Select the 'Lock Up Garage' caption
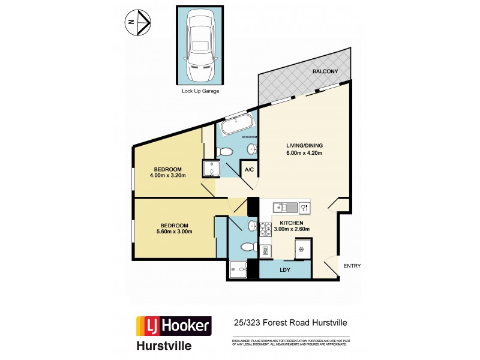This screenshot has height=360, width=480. pyautogui.click(x=201, y=91)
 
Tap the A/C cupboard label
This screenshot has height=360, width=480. pyautogui.click(x=248, y=170)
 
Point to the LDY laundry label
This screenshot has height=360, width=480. pyautogui.click(x=285, y=270)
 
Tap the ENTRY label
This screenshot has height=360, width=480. pyautogui.click(x=352, y=266)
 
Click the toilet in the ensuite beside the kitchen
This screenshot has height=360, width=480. pyautogui.click(x=247, y=246)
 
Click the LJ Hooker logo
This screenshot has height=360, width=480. pyautogui.click(x=174, y=326)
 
